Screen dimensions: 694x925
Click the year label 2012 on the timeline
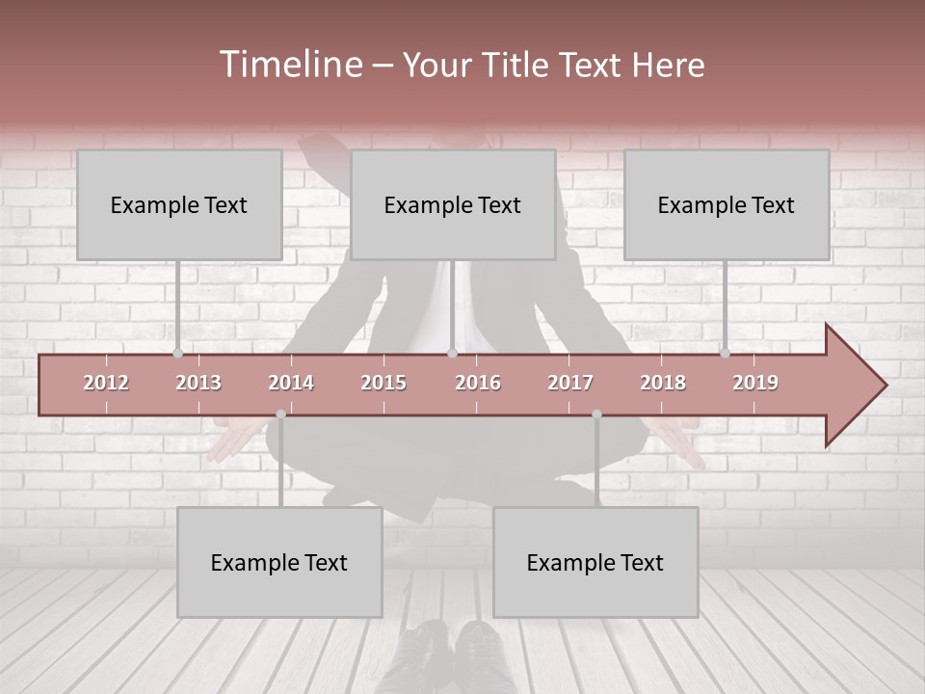point(106,383)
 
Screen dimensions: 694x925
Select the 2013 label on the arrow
point(198,383)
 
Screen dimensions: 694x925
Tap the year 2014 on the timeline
point(291,383)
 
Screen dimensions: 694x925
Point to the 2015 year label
point(383,383)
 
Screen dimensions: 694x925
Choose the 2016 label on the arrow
point(478,383)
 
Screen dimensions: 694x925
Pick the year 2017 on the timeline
point(570,383)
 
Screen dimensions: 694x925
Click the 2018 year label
point(663,383)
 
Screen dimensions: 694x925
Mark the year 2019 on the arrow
point(755,383)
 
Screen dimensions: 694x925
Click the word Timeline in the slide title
point(289,65)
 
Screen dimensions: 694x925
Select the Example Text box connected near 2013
point(179,205)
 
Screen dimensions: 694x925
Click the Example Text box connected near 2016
point(453,205)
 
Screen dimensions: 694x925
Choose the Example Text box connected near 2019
point(727,205)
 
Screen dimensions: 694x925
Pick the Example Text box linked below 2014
point(279,563)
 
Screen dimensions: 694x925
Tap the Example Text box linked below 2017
point(595,563)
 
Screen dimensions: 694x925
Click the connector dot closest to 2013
point(177,354)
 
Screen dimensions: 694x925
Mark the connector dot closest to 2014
point(280,414)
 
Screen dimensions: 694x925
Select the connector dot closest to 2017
point(596,414)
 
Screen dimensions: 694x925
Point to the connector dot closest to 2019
point(725,354)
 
